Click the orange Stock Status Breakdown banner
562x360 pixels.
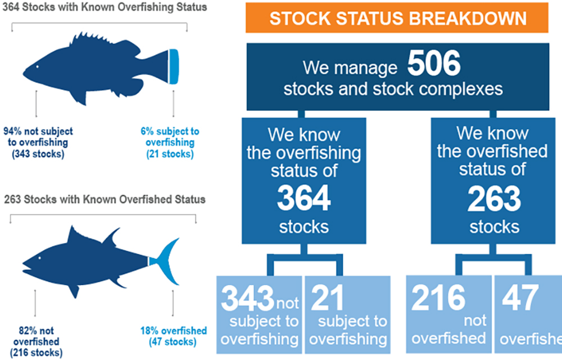(397, 17)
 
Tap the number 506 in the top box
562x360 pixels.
(433, 65)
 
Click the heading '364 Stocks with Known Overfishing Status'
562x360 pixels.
(97, 7)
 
